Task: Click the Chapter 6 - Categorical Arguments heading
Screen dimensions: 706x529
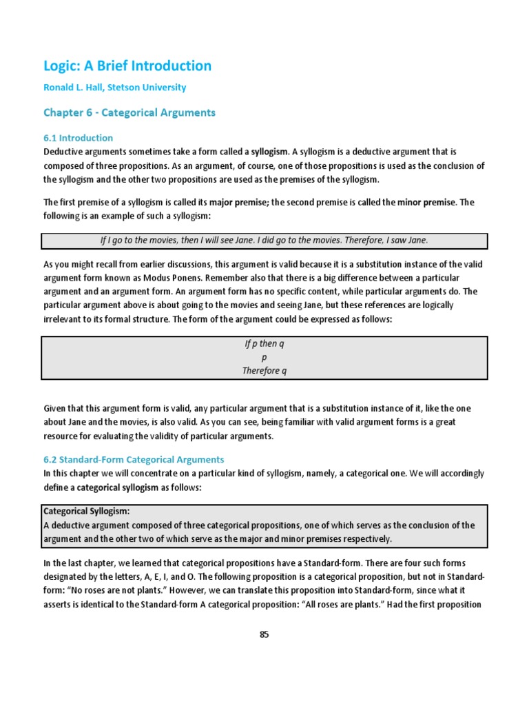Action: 129,112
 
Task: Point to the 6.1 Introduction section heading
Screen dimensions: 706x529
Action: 78,138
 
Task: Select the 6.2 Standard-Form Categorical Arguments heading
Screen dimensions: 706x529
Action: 134,459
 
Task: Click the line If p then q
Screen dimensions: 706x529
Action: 264,344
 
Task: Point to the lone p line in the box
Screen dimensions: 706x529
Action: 264,357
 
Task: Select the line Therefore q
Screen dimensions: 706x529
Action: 264,370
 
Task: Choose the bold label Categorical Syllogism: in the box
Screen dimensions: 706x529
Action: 87,512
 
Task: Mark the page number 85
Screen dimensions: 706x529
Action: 264,635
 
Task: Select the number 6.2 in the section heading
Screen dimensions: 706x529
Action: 51,459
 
